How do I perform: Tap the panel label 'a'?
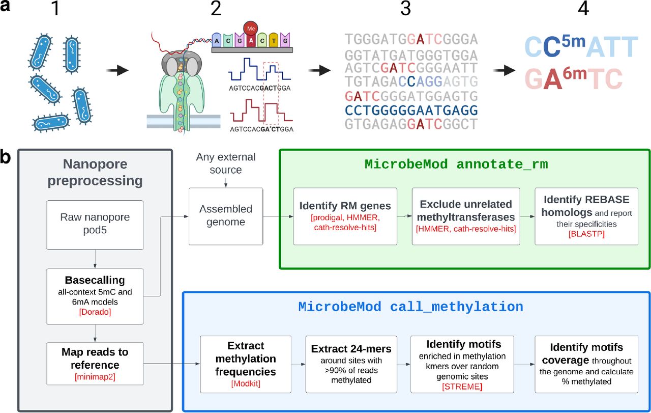click(7, 9)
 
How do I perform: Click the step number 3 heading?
click(405, 9)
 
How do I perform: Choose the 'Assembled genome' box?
click(225, 215)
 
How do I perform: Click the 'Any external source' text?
click(225, 163)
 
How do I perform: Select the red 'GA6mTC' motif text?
click(573, 79)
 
